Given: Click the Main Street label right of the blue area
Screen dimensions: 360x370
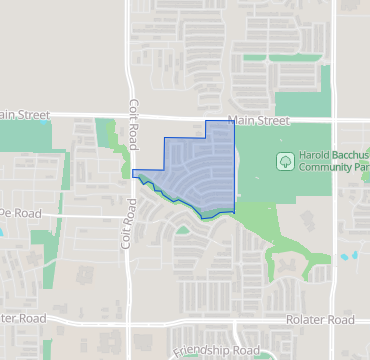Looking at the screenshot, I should [x=259, y=121].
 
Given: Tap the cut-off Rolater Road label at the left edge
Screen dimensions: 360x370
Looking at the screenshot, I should [x=23, y=318].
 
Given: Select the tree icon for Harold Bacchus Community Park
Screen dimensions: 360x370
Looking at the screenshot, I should [x=285, y=160].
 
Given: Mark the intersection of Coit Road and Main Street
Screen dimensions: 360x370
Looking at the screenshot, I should [x=131, y=117].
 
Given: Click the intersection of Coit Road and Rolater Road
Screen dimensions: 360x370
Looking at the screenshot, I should [x=131, y=319].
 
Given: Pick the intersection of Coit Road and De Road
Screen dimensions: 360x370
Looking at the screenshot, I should [x=131, y=214].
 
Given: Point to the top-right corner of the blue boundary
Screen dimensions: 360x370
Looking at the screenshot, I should [x=233, y=121].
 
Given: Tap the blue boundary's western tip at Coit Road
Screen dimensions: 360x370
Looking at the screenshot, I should [x=133, y=173].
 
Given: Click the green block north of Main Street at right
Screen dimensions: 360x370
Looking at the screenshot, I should [x=301, y=104].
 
